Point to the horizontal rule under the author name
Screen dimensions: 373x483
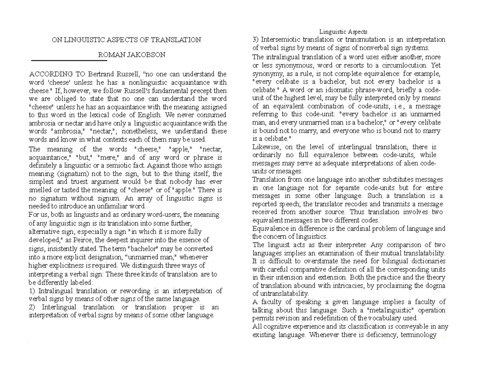coord(69,61)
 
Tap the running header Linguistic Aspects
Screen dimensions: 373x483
coord(343,32)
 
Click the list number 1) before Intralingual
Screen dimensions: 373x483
coord(32,291)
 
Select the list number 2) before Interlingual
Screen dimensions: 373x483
coord(32,307)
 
